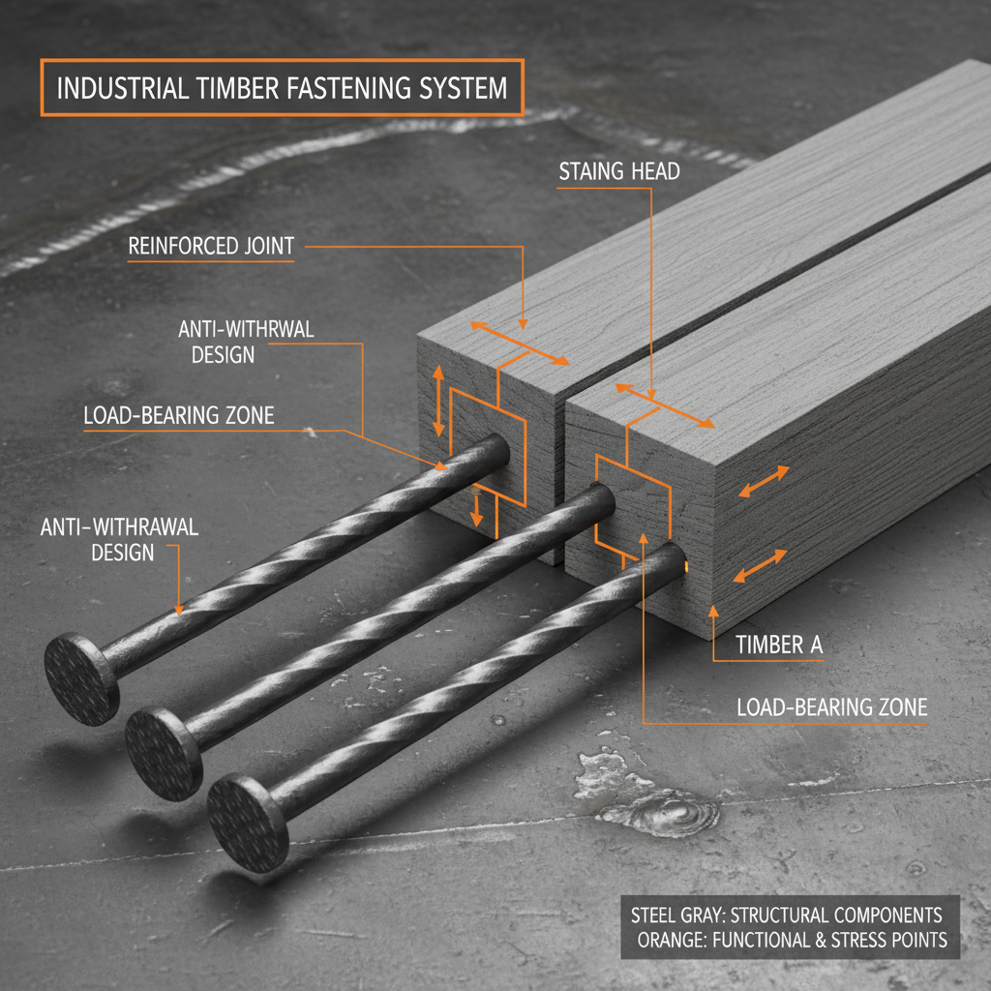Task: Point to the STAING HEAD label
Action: (619, 171)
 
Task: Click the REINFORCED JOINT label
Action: (211, 247)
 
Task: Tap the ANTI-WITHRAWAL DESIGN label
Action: (120, 540)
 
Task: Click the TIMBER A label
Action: (771, 645)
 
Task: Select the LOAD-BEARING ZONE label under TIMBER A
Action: (831, 706)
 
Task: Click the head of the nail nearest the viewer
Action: (248, 822)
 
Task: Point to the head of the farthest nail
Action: (81, 676)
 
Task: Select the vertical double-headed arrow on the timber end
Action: (438, 400)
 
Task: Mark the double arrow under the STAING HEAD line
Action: (666, 405)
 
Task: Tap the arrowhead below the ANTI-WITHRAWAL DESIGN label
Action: (179, 609)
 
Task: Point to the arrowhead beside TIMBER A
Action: (713, 610)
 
